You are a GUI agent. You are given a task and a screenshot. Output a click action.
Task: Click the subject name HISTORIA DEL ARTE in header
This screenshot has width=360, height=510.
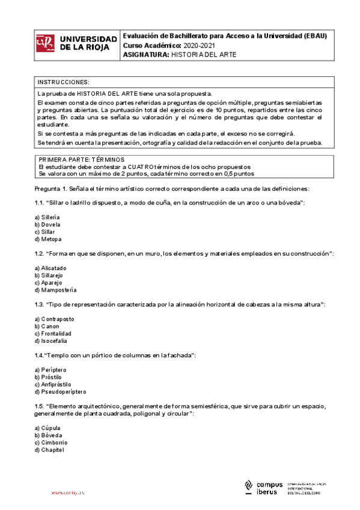[204, 54]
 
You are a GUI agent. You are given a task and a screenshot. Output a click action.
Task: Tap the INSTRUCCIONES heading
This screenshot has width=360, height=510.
[64, 82]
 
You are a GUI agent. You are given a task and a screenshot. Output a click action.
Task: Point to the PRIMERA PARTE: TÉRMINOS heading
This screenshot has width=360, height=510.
[81, 159]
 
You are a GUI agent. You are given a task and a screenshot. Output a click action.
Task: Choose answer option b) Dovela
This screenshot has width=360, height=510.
[47, 224]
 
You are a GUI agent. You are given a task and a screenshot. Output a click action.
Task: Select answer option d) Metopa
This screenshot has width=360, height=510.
[48, 239]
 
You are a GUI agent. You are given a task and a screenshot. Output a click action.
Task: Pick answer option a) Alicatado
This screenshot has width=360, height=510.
[50, 268]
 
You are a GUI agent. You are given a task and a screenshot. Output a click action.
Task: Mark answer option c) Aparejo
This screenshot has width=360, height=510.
[49, 283]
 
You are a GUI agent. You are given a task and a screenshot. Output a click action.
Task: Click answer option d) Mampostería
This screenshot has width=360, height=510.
[55, 290]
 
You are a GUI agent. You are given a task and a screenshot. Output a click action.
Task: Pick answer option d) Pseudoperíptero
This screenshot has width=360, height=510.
[60, 392]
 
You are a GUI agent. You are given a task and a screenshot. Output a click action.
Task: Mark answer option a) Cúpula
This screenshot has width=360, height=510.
[47, 428]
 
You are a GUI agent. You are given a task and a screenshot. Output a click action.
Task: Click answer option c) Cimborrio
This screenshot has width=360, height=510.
[51, 442]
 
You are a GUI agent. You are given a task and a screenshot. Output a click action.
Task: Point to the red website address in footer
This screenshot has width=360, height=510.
[68, 493]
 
